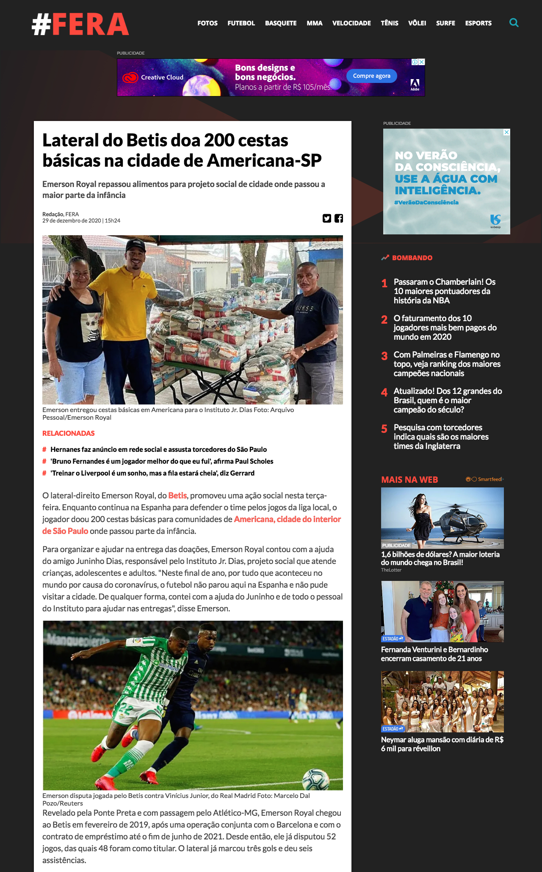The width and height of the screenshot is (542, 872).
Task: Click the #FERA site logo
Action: [x=80, y=24]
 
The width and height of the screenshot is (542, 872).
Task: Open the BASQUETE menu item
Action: [x=281, y=23]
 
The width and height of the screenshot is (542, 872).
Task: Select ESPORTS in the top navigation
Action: [x=478, y=23]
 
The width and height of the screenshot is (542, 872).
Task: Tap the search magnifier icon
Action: [x=514, y=23]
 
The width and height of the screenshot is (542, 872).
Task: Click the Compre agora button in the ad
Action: [x=371, y=76]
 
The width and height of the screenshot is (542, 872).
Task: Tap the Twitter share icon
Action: [x=326, y=218]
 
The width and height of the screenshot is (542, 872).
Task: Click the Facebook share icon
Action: [x=339, y=218]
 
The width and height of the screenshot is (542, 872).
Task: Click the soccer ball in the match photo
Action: [x=316, y=779]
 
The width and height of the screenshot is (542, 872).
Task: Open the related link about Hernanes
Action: [x=158, y=449]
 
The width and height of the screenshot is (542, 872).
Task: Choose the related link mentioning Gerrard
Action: [x=152, y=473]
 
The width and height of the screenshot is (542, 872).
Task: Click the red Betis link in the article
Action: [x=177, y=495]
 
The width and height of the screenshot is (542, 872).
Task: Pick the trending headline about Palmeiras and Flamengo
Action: [x=447, y=364]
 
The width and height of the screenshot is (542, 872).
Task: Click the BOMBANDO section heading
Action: [x=412, y=258]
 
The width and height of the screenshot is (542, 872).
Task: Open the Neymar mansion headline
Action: [x=442, y=744]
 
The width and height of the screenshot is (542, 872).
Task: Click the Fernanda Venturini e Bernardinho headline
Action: [x=434, y=654]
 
